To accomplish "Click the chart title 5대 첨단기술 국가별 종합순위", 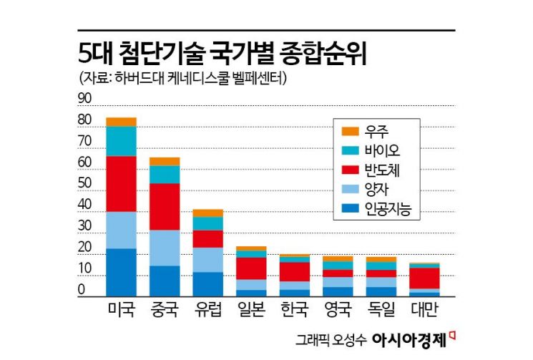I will pos(226,54).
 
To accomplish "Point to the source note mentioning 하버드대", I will pos(185,78).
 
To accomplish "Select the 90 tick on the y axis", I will pos(84,98).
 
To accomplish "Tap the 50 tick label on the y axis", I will pos(84,183).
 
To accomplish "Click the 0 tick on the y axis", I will pos(82,290).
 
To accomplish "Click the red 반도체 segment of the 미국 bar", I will pos(121,183).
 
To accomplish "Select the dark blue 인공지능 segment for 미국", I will pos(121,272).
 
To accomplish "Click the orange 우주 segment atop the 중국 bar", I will pos(165,161).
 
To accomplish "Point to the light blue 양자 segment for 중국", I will pos(165,248).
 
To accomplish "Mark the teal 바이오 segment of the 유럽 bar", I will pos(207,223).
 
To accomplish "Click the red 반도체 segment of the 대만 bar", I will pos(424,278).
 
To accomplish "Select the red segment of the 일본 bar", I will pos(251,268).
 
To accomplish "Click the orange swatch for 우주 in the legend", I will pos(351,131).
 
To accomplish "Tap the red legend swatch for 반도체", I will pos(351,170).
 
